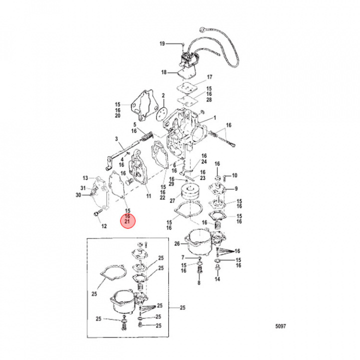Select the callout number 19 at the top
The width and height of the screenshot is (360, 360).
[162, 44]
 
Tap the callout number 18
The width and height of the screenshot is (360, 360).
[163, 73]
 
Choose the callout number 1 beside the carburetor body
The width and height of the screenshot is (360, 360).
[214, 118]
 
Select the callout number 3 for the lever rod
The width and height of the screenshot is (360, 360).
[116, 138]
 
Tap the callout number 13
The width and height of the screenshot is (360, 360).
[85, 178]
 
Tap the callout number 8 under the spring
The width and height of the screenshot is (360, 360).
[199, 283]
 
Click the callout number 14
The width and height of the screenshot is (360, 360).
[217, 279]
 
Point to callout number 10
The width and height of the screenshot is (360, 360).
[235, 175]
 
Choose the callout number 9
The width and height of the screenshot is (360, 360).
[235, 189]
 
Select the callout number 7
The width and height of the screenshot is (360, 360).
[183, 257]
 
